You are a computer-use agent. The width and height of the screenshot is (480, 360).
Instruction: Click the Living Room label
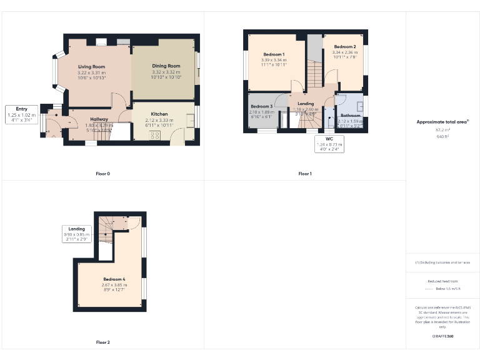click(91, 66)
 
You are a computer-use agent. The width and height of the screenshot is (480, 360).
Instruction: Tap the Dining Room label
click(166, 66)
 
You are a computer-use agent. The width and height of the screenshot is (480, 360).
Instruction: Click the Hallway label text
click(99, 119)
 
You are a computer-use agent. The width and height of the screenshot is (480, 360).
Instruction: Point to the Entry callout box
click(21, 115)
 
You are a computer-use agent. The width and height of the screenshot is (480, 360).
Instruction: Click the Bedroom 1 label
click(274, 55)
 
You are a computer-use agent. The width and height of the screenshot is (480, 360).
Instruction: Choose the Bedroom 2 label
click(344, 47)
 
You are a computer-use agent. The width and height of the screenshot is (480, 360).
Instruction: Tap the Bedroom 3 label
click(262, 106)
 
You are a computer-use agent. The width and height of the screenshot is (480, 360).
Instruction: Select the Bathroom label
click(350, 116)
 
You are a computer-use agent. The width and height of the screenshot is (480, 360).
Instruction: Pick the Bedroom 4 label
click(114, 278)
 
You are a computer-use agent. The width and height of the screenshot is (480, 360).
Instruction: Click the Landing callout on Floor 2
click(77, 234)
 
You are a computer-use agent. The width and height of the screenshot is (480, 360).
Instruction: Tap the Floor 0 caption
click(103, 174)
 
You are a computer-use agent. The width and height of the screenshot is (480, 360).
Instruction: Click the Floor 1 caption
click(304, 174)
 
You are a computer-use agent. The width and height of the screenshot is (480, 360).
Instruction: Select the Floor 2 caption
click(103, 342)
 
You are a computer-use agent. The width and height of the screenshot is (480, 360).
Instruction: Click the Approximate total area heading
click(442, 122)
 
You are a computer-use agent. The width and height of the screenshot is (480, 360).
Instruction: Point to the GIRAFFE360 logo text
click(442, 337)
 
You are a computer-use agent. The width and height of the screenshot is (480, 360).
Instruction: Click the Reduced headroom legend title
click(442, 282)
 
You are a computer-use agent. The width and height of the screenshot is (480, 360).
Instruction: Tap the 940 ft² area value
click(442, 136)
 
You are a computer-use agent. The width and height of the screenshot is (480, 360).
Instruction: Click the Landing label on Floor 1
click(306, 103)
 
